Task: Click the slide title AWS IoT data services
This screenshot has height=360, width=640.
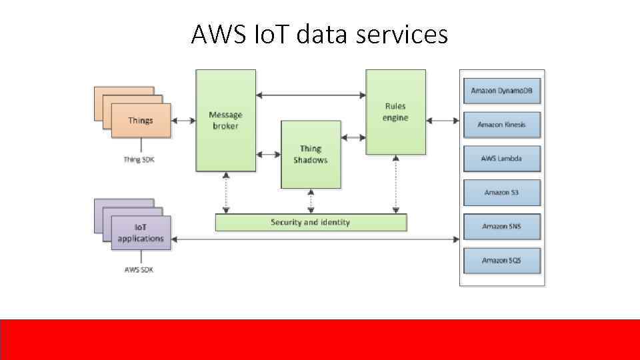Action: coord(319,34)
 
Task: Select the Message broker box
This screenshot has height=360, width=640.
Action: coord(225,121)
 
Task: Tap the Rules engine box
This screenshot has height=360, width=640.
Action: coord(395,112)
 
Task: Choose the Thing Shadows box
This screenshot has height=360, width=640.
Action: coord(311,154)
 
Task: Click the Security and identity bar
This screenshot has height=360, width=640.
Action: coord(311,222)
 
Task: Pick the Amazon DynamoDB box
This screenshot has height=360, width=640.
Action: coord(501,91)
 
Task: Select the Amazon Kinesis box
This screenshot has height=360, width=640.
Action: coord(501,125)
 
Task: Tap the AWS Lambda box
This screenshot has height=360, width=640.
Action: coord(501,159)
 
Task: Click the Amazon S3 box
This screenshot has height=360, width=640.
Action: coord(501,193)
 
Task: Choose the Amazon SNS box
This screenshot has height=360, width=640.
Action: coord(501,227)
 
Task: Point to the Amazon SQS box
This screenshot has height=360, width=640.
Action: coord(501,261)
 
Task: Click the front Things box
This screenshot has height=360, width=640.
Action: coord(141,121)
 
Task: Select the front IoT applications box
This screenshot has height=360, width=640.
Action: coord(141,233)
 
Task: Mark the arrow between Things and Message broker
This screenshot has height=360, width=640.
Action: coord(183,121)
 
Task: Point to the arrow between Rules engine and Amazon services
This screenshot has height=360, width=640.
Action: coord(443,121)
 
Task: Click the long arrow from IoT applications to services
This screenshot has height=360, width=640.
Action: coord(316,238)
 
